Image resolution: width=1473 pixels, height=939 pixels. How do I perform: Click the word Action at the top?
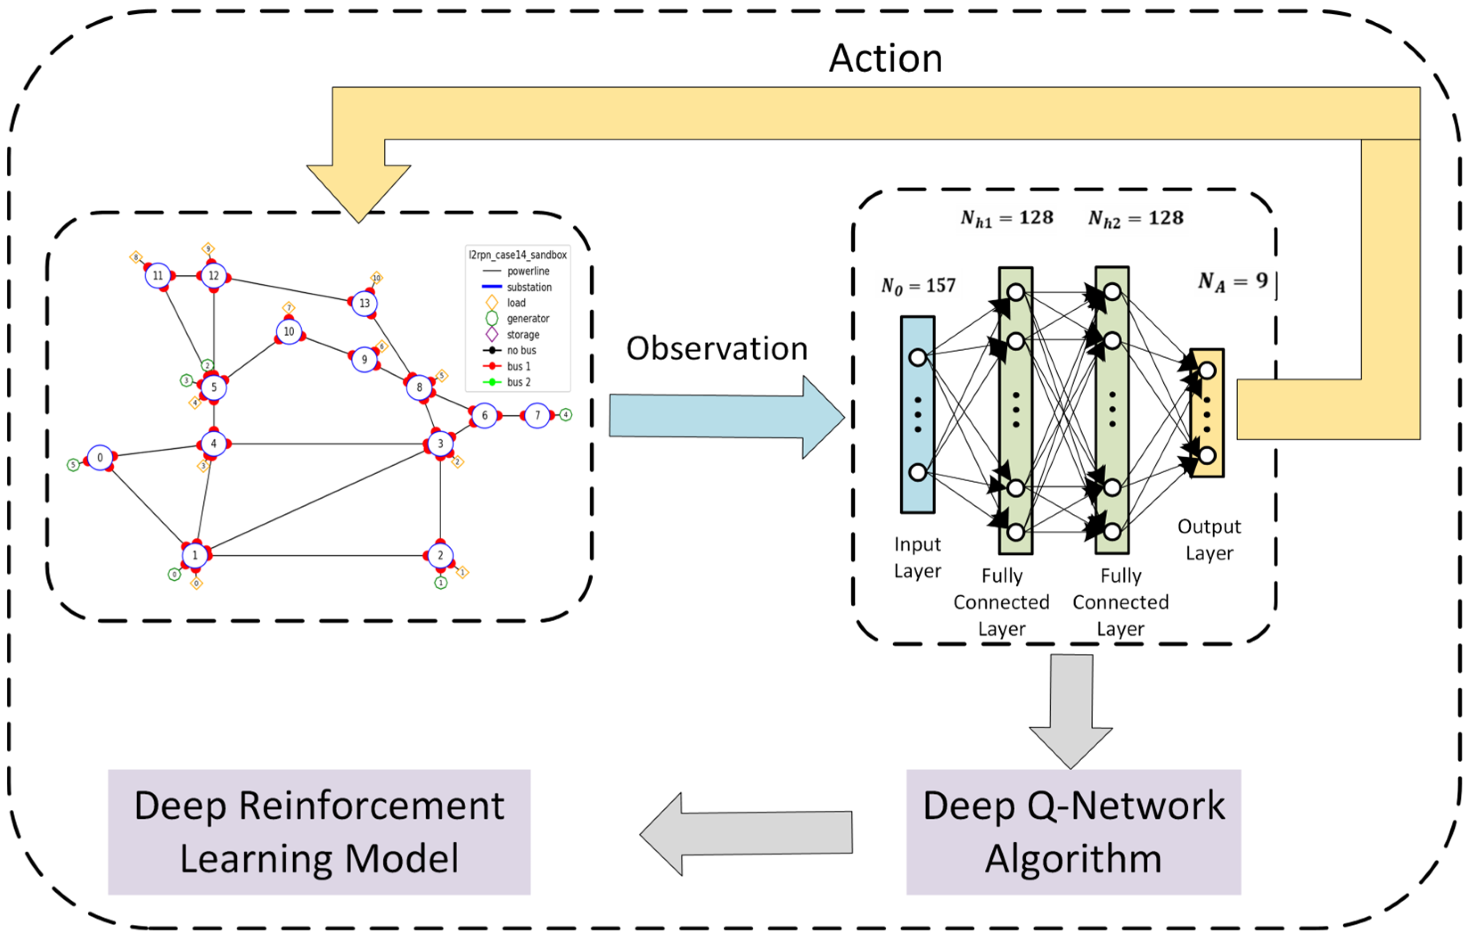tap(885, 59)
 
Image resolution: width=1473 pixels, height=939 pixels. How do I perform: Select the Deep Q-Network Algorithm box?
tap(1073, 832)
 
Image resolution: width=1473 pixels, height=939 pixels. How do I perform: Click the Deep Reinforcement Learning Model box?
tap(319, 832)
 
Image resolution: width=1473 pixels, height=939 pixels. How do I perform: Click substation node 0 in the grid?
tap(100, 458)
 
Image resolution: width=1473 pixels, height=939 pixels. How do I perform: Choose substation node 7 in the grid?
tap(537, 416)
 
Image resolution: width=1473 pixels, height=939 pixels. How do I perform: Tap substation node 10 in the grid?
tap(289, 332)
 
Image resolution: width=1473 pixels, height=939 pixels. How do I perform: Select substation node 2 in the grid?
tap(440, 555)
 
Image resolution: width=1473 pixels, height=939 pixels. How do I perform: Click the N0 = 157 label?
tap(918, 286)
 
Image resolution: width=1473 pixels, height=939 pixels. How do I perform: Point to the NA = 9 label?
tap(1233, 281)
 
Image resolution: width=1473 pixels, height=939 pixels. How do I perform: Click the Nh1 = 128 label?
tap(1006, 218)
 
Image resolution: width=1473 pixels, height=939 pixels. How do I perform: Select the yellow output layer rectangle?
tap(1206, 414)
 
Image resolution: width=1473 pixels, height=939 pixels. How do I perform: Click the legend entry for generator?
tap(527, 319)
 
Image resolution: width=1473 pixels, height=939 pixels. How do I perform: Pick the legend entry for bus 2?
tap(518, 382)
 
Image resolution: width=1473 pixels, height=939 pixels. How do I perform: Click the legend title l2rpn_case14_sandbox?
tap(517, 255)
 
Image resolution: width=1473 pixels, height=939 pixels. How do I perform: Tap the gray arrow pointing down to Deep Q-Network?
tap(1071, 709)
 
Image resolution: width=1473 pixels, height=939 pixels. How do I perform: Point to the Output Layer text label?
tap(1209, 540)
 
